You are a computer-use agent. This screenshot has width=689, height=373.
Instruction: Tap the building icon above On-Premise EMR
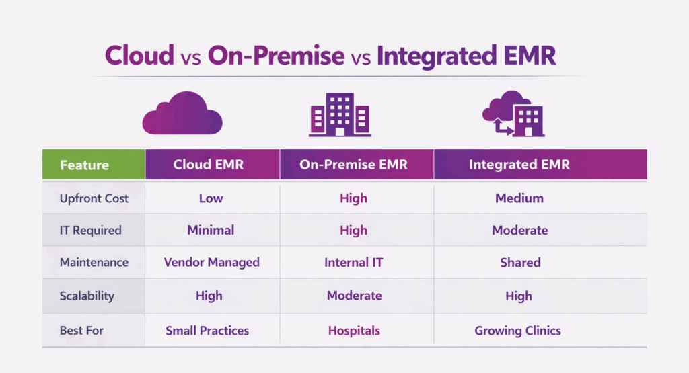tap(340, 115)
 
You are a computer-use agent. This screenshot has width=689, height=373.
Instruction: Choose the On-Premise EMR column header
tap(354, 165)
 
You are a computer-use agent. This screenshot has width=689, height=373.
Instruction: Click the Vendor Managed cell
tap(211, 263)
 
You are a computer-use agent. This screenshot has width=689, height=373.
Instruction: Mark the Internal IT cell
tap(354, 263)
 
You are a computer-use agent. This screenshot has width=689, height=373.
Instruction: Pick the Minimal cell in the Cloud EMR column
tap(211, 230)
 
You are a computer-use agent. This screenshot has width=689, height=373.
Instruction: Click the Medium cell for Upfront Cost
tap(519, 198)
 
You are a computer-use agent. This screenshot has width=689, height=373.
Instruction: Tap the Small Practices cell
tap(207, 331)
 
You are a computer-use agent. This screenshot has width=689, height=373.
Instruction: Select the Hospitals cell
tap(354, 331)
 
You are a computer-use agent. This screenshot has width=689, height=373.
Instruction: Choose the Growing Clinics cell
tap(517, 331)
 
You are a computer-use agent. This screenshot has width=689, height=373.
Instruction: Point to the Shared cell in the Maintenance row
tap(520, 263)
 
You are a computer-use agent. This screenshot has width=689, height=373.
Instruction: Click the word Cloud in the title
tap(139, 56)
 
